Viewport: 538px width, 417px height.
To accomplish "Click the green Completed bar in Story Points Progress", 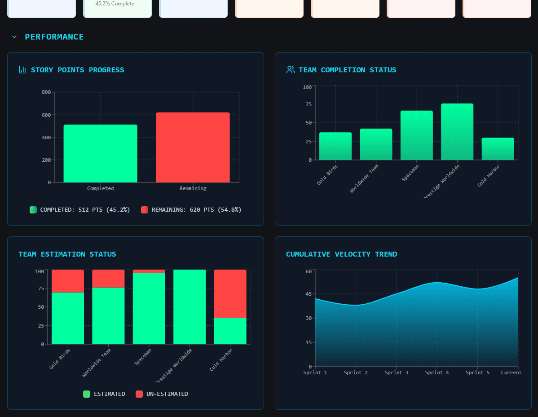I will pos(100,154).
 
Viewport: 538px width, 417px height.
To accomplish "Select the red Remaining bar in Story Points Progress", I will pos(193,147).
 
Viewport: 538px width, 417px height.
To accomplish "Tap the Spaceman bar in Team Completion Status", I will pos(416,135).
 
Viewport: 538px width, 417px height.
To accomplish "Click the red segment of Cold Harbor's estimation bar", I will pos(230,293).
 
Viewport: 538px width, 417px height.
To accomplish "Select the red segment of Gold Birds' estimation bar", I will pos(68,281).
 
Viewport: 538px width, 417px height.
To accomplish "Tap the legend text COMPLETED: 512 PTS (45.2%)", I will pos(85,210).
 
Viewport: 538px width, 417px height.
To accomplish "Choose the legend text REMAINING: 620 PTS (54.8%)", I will pos(196,210).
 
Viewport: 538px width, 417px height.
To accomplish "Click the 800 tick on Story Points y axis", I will pos(46,92).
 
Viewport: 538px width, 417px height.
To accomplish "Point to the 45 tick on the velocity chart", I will pos(308,294).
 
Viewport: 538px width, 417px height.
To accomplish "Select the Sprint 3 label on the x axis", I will pos(396,373).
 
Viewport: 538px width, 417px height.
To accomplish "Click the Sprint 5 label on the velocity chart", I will pos(477,373).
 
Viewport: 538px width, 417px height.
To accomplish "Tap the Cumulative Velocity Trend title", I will pos(341,254).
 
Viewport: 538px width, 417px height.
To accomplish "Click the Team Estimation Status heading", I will pos(67,254).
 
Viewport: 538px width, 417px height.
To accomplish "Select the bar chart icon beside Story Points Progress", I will pos(22,70).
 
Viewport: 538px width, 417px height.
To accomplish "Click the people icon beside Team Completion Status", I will pos(290,70).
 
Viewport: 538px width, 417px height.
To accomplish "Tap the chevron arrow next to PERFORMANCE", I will pos(14,37).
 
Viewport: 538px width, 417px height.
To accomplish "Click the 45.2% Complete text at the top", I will pos(115,4).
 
